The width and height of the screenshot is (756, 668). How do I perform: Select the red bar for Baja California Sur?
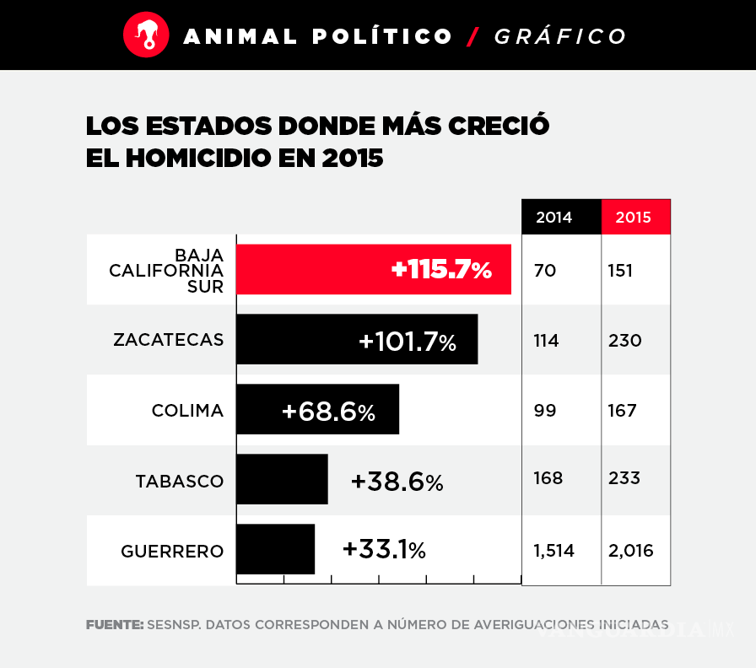point(373,269)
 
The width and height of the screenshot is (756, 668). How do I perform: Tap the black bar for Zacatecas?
point(356,339)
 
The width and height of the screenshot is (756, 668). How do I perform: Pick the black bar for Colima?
point(317,409)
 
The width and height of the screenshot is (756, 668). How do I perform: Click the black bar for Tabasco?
point(282,479)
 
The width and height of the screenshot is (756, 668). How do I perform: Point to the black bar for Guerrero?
point(275,549)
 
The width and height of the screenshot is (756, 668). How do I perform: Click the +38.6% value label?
point(397,482)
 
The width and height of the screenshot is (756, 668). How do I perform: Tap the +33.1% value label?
point(384,550)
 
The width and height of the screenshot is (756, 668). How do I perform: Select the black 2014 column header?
point(554,217)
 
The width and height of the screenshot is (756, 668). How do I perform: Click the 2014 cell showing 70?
point(545,271)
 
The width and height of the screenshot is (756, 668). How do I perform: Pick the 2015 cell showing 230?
point(624,341)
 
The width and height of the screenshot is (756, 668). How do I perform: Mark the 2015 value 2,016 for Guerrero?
point(630,551)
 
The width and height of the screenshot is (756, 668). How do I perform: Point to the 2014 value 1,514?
point(553,551)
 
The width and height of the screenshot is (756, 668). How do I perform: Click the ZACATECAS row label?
point(169,340)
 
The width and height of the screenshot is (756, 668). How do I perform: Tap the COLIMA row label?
point(187,411)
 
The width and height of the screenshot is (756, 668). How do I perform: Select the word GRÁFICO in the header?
point(560,36)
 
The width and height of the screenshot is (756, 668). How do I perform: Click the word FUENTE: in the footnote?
point(114,625)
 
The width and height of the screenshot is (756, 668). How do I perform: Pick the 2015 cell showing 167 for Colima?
point(623,411)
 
